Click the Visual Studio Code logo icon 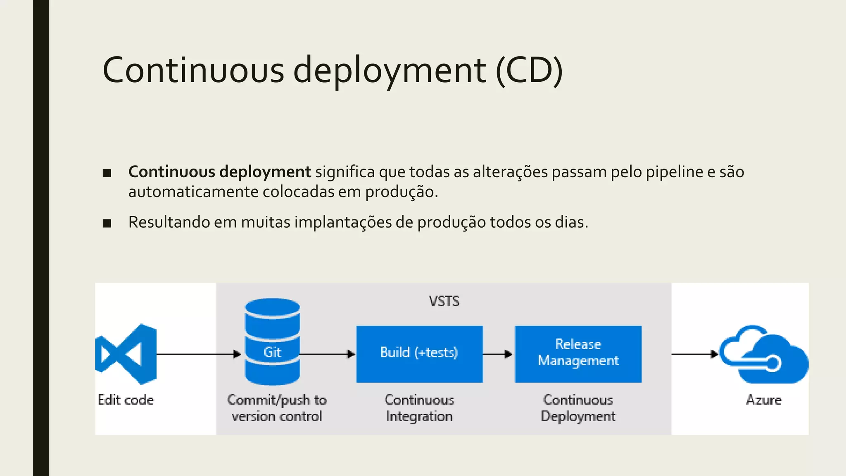point(126,354)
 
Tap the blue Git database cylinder point(272,342)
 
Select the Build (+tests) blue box point(419,354)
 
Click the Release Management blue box point(578,354)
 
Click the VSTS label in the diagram point(444,301)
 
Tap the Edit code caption point(126,400)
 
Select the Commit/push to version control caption point(277,408)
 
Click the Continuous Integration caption point(419,408)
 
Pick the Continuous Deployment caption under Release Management point(578,408)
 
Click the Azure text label point(764,400)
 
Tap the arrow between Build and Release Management point(498,354)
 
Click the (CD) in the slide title point(529,70)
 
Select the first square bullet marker point(107,173)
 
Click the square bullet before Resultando point(107,224)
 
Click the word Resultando point(169,222)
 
